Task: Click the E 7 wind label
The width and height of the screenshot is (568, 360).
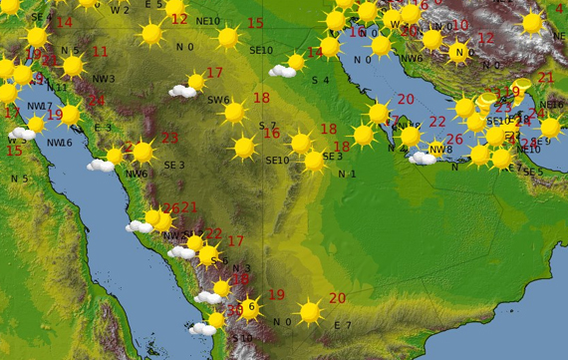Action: (342, 325)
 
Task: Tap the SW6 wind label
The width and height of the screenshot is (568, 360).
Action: (218, 100)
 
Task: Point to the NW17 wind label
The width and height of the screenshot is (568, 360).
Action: (39, 105)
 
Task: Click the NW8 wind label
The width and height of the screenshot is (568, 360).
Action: (439, 150)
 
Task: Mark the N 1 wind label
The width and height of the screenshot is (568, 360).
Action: (346, 175)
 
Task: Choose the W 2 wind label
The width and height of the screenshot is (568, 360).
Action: (120, 10)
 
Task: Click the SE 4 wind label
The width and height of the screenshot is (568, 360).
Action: (41, 17)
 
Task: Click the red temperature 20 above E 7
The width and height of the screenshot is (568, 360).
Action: (337, 298)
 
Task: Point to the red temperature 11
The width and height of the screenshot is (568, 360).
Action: (100, 51)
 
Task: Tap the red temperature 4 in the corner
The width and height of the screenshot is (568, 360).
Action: (560, 9)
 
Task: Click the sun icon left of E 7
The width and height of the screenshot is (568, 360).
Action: (310, 313)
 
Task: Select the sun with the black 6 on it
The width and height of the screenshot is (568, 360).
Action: (250, 307)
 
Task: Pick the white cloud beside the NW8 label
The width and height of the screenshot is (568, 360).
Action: (422, 158)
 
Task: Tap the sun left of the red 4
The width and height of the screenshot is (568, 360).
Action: (532, 22)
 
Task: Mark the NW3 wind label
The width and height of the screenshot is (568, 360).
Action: (104, 79)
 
